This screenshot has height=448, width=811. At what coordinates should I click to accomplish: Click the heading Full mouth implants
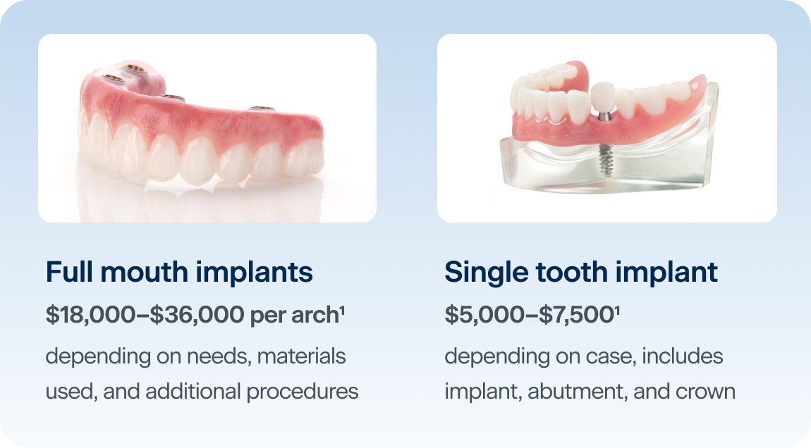(179, 273)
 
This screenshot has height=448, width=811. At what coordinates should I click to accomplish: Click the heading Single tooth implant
(581, 273)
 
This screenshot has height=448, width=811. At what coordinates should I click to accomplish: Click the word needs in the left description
(213, 356)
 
